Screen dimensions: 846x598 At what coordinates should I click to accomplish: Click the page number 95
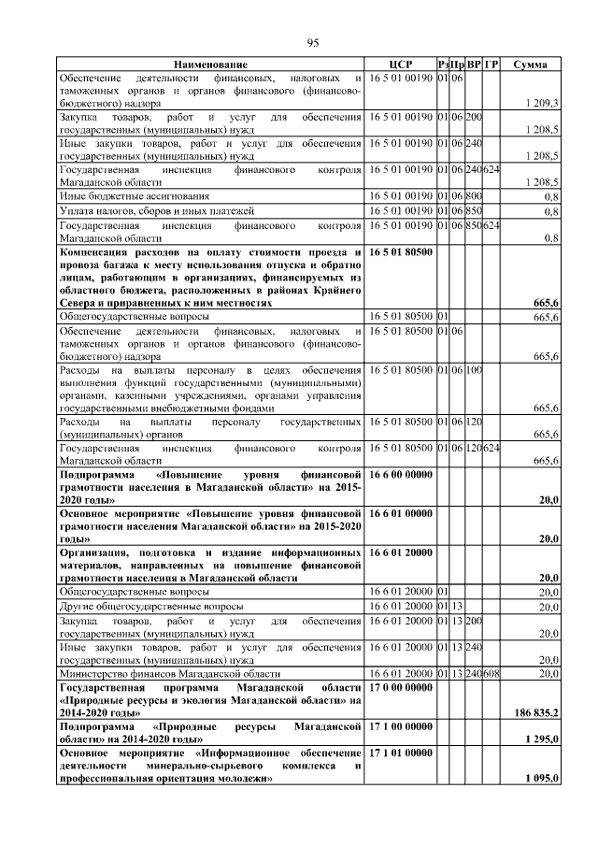click(313, 43)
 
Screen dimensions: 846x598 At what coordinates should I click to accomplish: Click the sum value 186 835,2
click(537, 713)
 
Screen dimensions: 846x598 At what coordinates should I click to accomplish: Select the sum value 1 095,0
click(542, 779)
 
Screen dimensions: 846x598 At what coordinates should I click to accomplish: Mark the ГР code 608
click(491, 673)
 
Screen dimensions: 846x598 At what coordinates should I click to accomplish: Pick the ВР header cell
click(474, 64)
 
